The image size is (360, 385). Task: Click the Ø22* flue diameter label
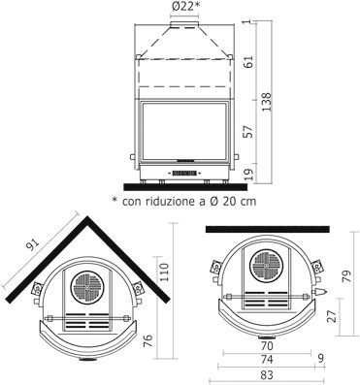[184, 7]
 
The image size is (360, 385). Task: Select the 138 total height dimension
[267, 102]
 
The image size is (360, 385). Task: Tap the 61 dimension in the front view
[249, 61]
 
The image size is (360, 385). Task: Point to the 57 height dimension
[249, 131]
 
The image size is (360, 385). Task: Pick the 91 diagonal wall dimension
[33, 245]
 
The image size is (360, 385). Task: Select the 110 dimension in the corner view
[164, 273]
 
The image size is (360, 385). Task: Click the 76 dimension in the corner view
[147, 341]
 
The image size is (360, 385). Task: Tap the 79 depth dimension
[346, 276]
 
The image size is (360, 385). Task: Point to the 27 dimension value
[332, 316]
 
